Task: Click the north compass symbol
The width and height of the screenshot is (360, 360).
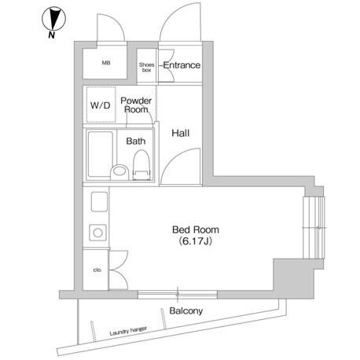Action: pos(53,19)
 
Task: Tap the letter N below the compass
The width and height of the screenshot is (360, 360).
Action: pos(52,35)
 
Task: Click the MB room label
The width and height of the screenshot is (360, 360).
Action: pos(106,63)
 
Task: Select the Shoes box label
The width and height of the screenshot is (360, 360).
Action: pos(146,68)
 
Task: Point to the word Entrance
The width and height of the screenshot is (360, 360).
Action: pos(182,65)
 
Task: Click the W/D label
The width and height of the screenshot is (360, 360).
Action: pos(101,105)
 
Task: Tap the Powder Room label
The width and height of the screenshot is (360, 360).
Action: pos(136,105)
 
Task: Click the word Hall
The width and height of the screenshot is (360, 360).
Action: pos(181,133)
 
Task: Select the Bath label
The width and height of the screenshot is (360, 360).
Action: pos(136,141)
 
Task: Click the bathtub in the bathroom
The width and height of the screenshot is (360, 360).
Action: pos(101,155)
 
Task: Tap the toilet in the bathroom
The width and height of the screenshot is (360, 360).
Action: pos(141,165)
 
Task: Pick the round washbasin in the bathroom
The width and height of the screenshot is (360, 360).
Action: pos(119,172)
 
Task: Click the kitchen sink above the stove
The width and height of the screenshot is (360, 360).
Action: pos(99,202)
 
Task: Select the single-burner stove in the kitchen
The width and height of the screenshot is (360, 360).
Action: pos(98,233)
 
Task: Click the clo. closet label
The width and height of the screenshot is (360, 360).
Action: pos(97,270)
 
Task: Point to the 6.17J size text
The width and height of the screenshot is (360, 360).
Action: pos(196,241)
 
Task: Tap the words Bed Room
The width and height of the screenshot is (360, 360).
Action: pos(196,230)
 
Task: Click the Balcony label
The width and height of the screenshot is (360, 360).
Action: pos(186,311)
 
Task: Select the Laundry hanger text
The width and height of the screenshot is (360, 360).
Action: pos(128,331)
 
